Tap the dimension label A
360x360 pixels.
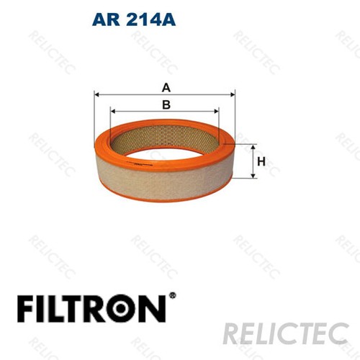[x=166, y=88]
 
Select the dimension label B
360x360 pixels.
[x=166, y=105]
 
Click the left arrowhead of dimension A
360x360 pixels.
[x=97, y=94]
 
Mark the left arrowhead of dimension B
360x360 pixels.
[x=112, y=111]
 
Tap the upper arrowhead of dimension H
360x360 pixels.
[x=252, y=146]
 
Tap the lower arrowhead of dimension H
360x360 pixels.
[x=252, y=176]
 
